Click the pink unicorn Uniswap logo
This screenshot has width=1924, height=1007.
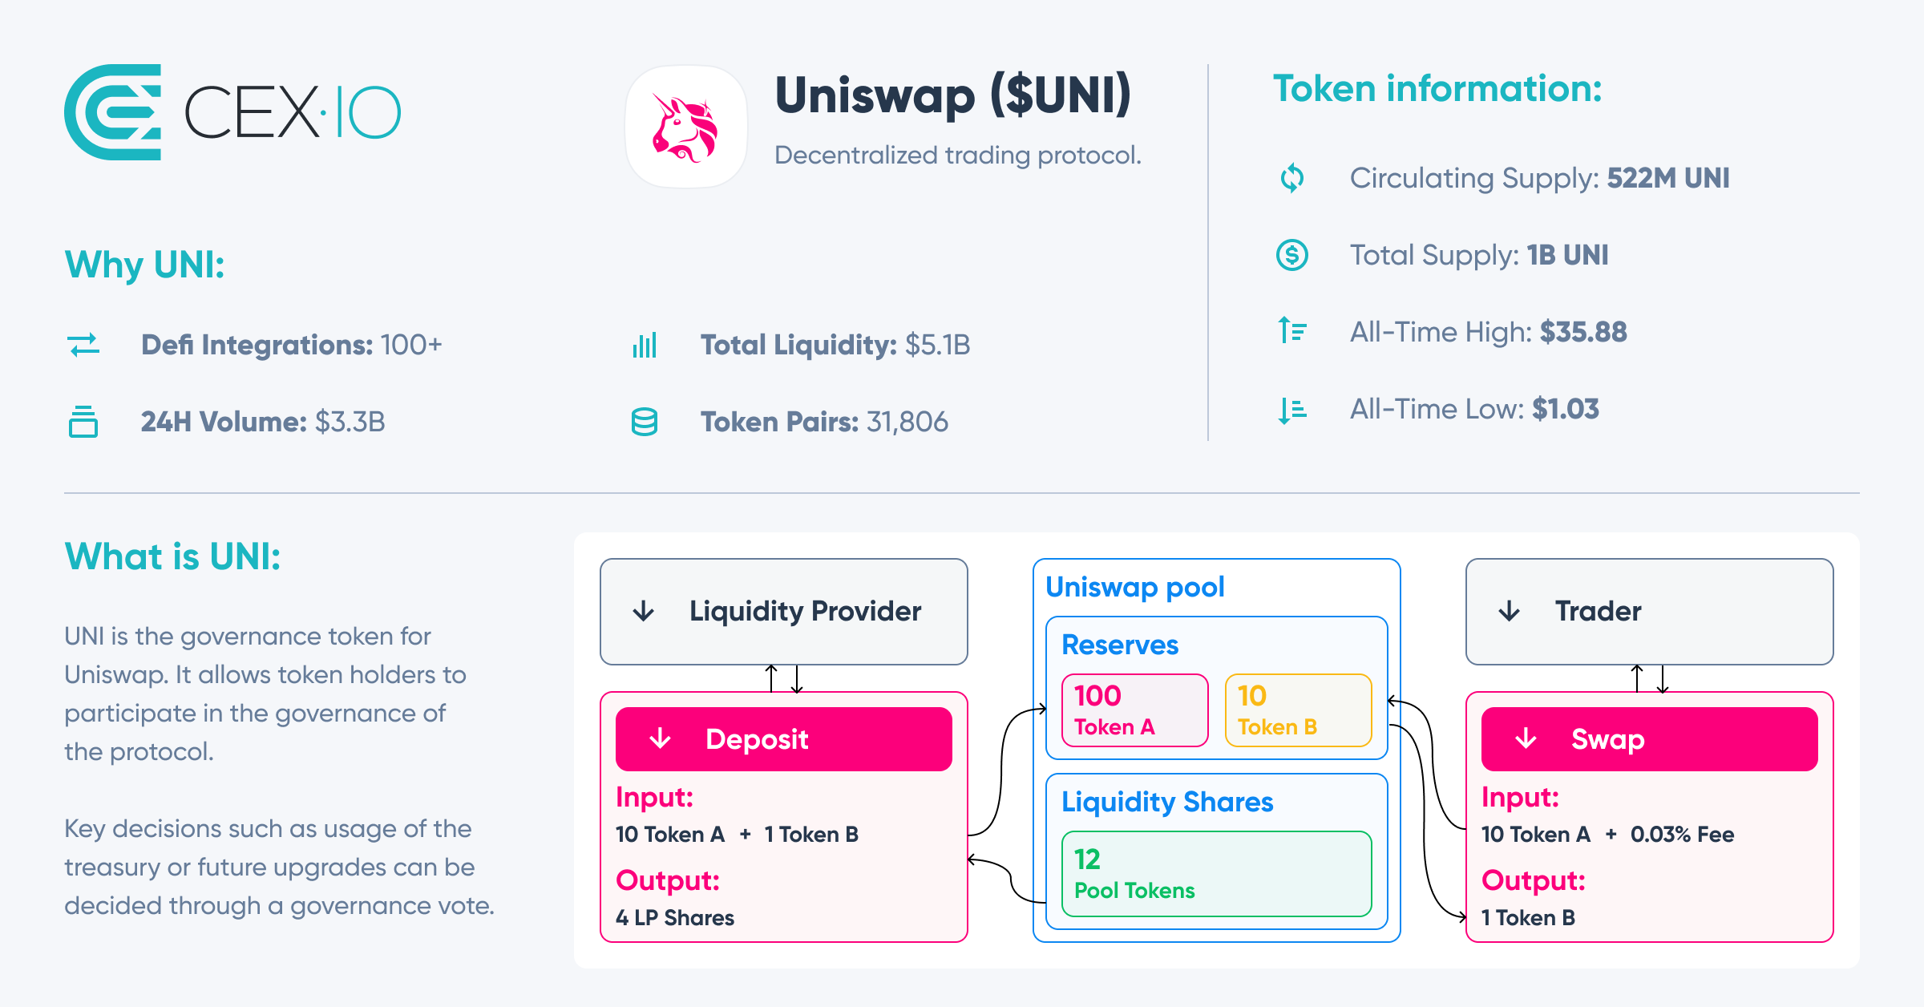click(685, 127)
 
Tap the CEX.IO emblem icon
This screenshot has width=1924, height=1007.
click(113, 112)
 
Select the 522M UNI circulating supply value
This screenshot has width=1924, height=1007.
click(1667, 178)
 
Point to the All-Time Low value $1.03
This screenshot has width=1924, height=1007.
click(1565, 409)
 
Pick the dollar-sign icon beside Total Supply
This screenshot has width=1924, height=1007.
click(1291, 255)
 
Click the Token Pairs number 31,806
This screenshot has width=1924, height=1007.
click(907, 422)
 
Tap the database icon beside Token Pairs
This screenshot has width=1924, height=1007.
click(645, 422)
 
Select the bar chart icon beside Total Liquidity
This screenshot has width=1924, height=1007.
click(645, 345)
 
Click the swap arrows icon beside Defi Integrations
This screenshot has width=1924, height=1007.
click(83, 345)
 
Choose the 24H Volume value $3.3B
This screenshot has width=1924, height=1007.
click(350, 422)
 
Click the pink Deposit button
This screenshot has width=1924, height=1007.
click(783, 738)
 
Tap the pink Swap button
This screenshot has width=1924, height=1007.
click(1649, 738)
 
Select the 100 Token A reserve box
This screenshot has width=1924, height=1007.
click(1134, 710)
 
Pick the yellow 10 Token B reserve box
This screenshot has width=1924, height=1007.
click(1298, 710)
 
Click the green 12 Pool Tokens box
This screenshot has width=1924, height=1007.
click(1216, 874)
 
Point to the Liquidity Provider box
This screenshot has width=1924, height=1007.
click(783, 612)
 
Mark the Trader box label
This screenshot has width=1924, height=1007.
click(1598, 612)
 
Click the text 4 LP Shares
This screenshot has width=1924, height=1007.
click(675, 918)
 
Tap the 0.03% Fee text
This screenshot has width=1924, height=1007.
click(1682, 835)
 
